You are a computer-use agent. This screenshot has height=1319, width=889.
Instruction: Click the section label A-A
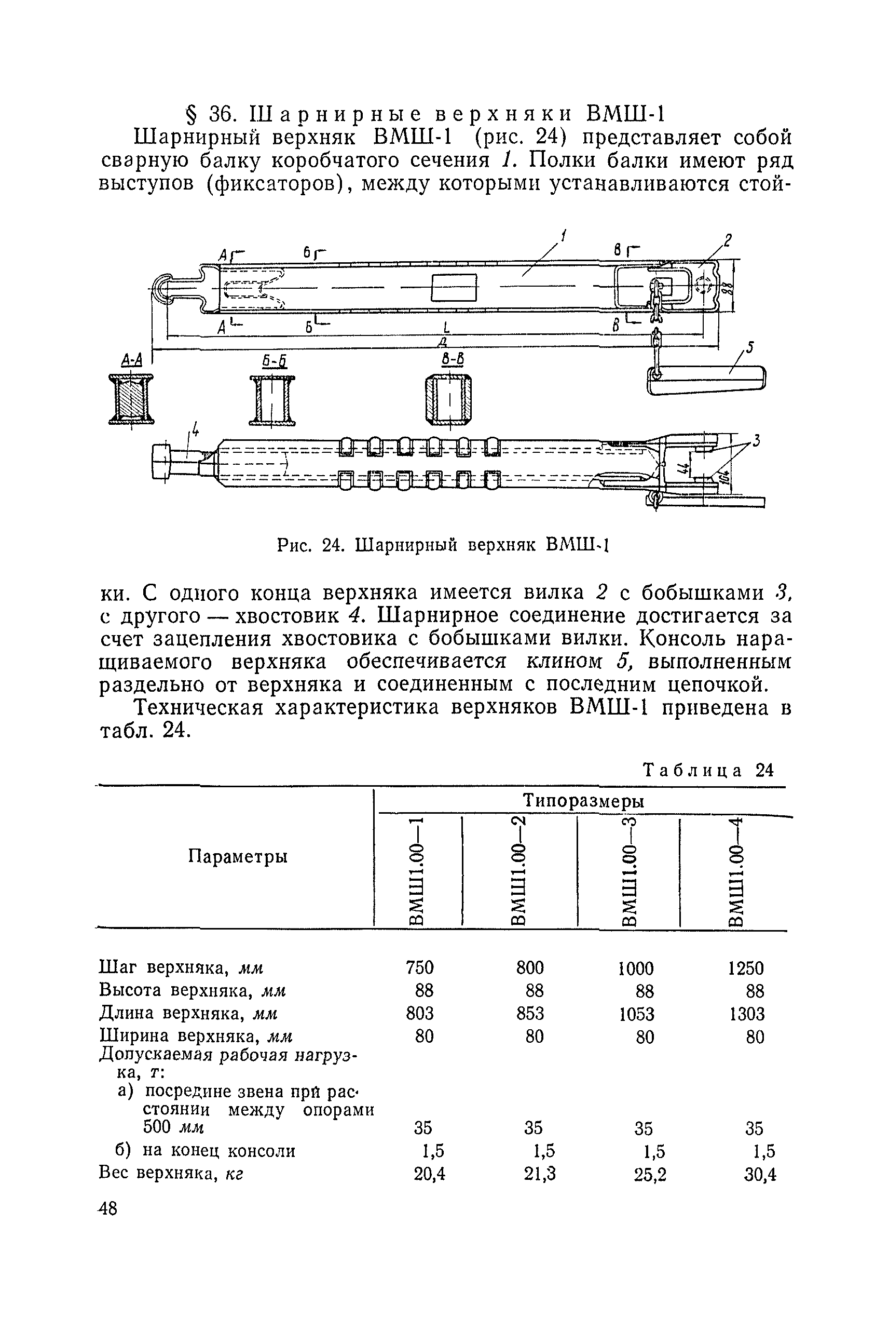coord(131,360)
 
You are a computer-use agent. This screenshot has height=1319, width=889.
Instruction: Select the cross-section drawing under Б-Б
coord(272,400)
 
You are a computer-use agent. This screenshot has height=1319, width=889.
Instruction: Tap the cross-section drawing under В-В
coord(448,400)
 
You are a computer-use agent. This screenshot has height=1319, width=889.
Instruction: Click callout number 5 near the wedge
coord(749,348)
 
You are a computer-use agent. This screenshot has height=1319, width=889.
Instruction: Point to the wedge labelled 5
coord(706,379)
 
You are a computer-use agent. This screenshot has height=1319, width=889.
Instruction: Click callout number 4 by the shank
coord(195,432)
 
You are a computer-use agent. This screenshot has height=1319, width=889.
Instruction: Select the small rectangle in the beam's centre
coord(455,288)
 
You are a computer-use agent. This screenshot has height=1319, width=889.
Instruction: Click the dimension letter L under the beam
coord(447,328)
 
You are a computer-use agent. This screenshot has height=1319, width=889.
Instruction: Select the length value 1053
coord(638,1014)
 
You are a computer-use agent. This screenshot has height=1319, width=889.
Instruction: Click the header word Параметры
coord(238,856)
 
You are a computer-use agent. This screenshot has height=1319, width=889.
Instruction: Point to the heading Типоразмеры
coord(583,800)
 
